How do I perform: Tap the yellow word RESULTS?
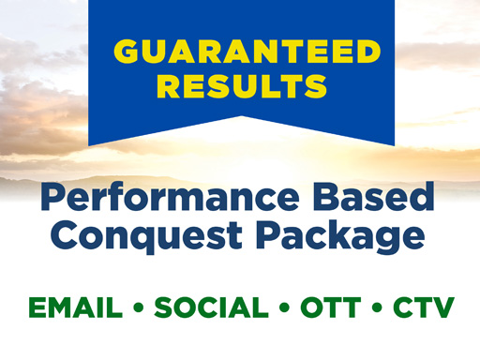tap(241, 86)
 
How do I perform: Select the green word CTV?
tap(419, 308)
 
